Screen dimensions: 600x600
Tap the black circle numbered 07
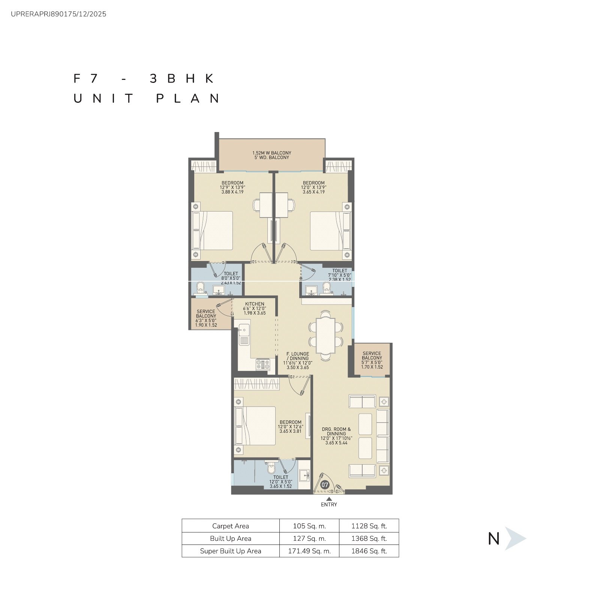[x=325, y=485]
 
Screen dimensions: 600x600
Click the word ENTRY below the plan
[x=329, y=505]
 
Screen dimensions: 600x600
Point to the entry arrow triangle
[x=329, y=499]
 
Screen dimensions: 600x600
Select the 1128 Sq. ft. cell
[x=369, y=526]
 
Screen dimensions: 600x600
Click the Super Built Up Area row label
[x=231, y=551]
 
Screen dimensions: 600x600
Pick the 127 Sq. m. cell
[x=309, y=538]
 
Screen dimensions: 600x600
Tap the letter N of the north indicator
[x=494, y=539]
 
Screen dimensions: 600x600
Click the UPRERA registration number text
[x=59, y=14]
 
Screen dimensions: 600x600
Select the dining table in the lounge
[x=326, y=335]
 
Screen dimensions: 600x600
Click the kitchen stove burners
[x=262, y=363]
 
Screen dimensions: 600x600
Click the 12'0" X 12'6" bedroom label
[x=291, y=427]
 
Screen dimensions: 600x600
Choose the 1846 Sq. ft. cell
[x=369, y=551]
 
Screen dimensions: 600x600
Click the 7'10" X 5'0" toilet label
[x=340, y=275]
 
